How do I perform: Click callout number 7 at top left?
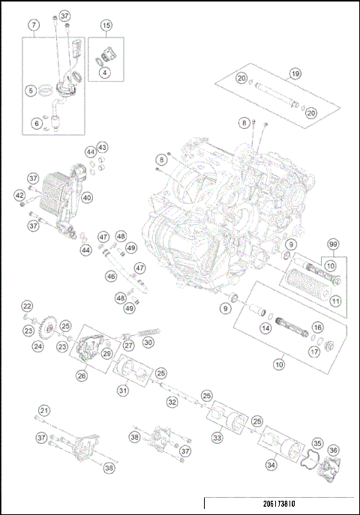(34, 25)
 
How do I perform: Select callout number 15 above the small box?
(106, 25)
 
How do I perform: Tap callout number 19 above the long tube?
(295, 73)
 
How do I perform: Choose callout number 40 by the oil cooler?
(87, 198)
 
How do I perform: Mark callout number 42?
(19, 195)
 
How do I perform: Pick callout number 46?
(111, 277)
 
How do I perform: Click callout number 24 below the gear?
(37, 346)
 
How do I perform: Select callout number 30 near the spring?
(148, 343)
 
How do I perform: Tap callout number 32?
(172, 403)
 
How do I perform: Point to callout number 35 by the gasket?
(317, 444)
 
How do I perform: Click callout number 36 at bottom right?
(333, 451)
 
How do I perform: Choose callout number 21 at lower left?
(45, 410)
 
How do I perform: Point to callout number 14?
(265, 328)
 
